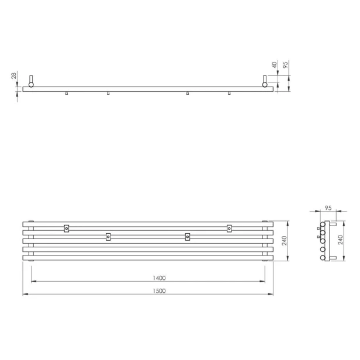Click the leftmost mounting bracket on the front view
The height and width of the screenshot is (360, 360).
[x=67, y=228]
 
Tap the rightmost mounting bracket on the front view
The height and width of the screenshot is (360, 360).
[x=229, y=228]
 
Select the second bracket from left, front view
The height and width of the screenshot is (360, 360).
[x=108, y=236]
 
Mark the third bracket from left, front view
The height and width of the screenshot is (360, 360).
[x=188, y=236]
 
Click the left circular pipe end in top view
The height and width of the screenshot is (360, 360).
[x=31, y=85]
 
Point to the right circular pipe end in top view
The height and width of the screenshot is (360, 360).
[x=266, y=85]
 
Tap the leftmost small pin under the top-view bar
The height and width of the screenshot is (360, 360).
[x=68, y=93]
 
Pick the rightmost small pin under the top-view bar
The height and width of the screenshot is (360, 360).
[x=230, y=93]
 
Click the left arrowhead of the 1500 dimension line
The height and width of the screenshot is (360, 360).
[x=25, y=294]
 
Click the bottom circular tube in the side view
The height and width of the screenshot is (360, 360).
[x=321, y=255]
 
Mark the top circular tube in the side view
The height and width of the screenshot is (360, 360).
[x=321, y=225]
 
